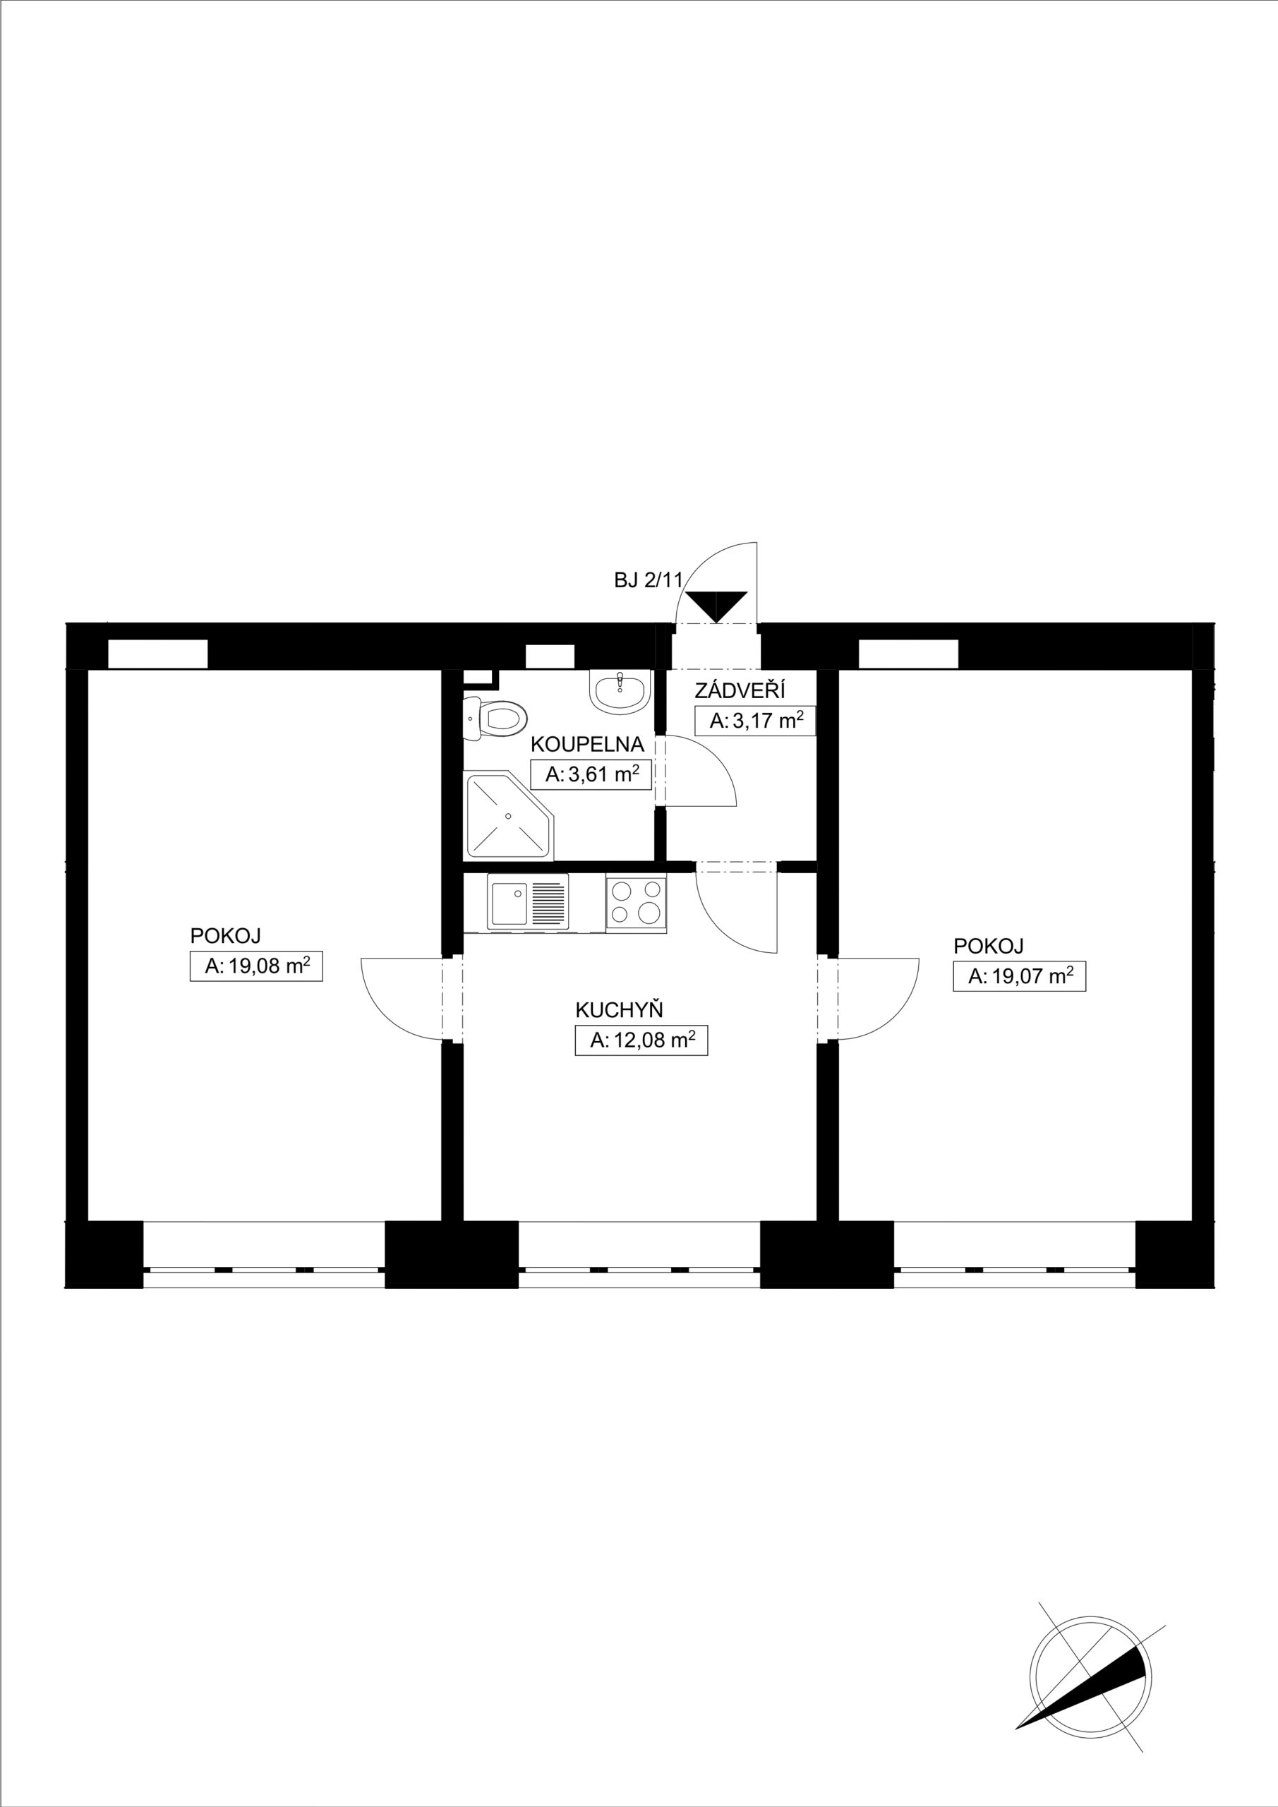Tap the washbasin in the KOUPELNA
(621, 692)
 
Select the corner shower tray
(510, 815)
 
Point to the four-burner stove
(636, 903)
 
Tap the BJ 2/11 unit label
(649, 581)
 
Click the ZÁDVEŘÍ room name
(740, 691)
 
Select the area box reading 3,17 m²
(754, 720)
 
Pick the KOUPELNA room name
(587, 744)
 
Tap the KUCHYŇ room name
(620, 1010)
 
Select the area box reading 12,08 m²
(641, 1040)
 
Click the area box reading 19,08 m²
(257, 966)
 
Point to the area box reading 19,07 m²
(1019, 976)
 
